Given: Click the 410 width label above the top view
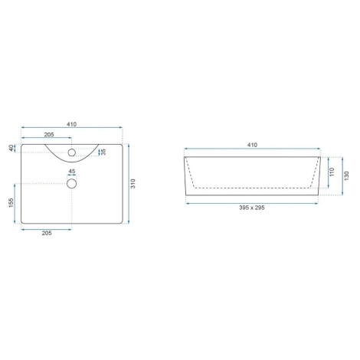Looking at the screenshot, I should (x=71, y=124).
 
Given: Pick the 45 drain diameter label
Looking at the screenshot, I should (x=72, y=172).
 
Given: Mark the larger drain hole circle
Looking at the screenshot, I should (x=72, y=183).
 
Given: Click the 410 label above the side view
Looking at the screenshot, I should (x=252, y=146).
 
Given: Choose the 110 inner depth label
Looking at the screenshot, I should (x=332, y=173).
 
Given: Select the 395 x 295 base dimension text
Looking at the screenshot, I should (x=252, y=209).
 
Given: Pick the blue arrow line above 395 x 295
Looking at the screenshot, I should (x=252, y=203).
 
